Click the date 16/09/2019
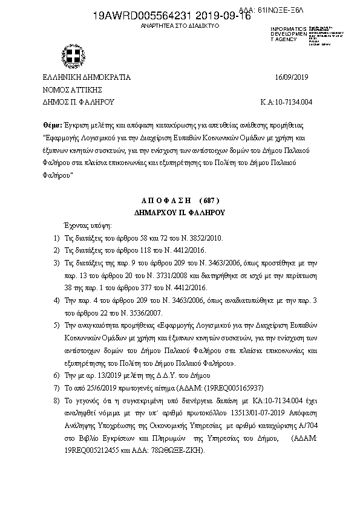coord(292,77)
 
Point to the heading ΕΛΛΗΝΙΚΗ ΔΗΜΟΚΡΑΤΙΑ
coord(86,77)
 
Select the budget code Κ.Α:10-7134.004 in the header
coord(286,102)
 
